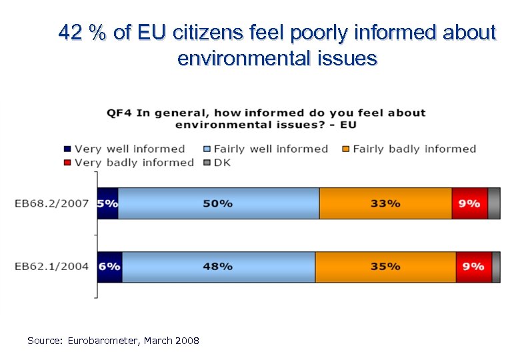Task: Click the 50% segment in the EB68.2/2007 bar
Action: point(219,203)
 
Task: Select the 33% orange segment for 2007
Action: point(385,203)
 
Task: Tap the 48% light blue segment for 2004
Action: point(219,267)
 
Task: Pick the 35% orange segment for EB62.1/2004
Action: point(385,267)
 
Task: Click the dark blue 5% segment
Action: point(107,203)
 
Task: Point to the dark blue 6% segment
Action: point(109,267)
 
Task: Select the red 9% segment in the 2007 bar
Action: point(469,203)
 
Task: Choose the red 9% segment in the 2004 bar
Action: point(473,267)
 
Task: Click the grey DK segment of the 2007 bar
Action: point(494,203)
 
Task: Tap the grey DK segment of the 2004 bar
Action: point(496,267)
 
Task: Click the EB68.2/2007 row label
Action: point(52,203)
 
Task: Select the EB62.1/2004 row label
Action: point(52,267)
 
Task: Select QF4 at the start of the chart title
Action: point(120,113)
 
